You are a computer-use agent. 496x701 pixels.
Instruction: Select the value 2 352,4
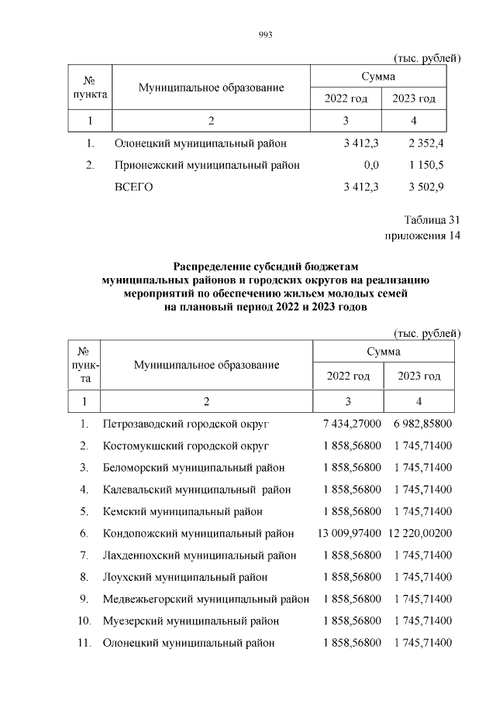pyautogui.click(x=424, y=143)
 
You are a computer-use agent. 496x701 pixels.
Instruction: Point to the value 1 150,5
pyautogui.click(x=424, y=165)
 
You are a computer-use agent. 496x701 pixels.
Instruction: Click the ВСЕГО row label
pyautogui.click(x=134, y=187)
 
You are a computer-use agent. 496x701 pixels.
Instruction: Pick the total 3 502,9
pyautogui.click(x=424, y=187)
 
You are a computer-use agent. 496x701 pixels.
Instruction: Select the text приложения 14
pyautogui.click(x=422, y=236)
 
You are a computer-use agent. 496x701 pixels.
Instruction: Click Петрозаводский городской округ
pyautogui.click(x=186, y=424)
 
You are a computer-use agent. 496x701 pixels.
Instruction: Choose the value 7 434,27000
pyautogui.click(x=352, y=424)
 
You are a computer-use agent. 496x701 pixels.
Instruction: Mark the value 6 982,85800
pyautogui.click(x=422, y=424)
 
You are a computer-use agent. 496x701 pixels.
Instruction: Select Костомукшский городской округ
pyautogui.click(x=185, y=446)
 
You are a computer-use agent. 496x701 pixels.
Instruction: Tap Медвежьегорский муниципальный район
pyautogui.click(x=205, y=599)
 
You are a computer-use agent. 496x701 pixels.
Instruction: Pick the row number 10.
pyautogui.click(x=84, y=620)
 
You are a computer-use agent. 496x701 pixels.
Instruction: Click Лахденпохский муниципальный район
pyautogui.click(x=199, y=555)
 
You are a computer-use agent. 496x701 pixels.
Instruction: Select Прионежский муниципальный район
pyautogui.click(x=207, y=165)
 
